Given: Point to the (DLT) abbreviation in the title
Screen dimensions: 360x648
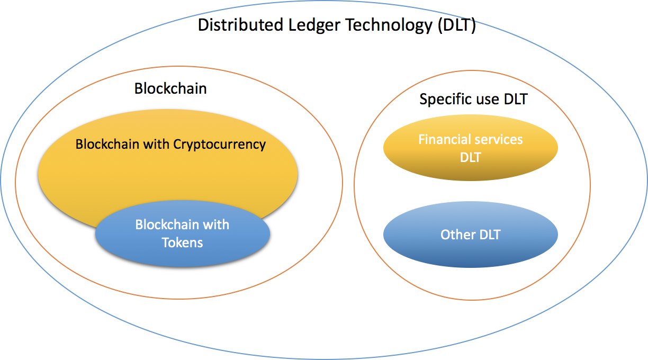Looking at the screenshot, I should click(x=456, y=25).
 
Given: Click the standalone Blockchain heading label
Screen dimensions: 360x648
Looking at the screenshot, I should click(x=170, y=88).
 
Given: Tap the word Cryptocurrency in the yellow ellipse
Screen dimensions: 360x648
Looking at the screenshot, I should click(x=219, y=144).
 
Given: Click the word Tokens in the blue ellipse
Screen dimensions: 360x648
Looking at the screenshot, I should click(x=182, y=242).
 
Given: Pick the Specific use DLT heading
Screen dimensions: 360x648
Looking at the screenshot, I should click(x=473, y=99).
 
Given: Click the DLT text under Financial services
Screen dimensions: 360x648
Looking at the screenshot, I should click(x=470, y=157).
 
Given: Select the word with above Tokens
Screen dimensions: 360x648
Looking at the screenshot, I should click(x=217, y=224).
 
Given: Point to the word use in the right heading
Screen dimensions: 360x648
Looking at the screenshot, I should click(x=486, y=99).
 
